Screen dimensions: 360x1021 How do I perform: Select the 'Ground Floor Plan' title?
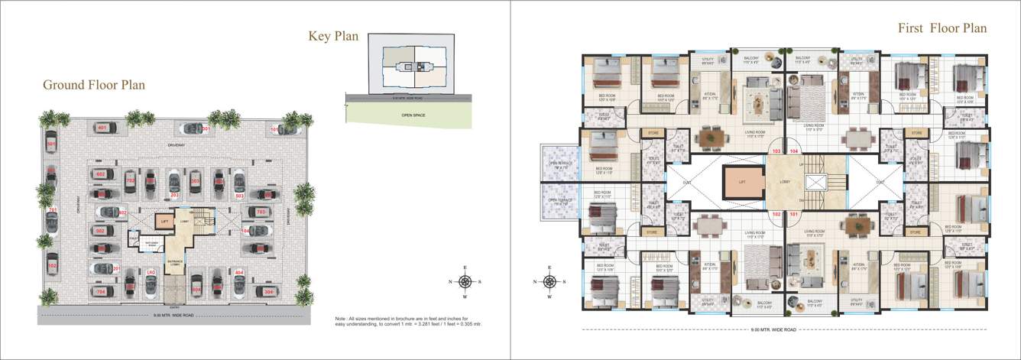[93, 85]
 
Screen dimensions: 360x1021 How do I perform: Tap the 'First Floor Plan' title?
[942, 29]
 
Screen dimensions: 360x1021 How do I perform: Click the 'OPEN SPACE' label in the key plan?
[413, 115]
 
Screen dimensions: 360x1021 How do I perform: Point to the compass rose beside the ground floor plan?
[465, 281]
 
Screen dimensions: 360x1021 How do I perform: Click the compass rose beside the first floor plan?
[549, 281]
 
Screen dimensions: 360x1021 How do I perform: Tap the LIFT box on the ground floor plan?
[163, 222]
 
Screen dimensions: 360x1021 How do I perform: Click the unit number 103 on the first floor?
[776, 152]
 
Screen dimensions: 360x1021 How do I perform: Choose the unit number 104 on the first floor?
[793, 152]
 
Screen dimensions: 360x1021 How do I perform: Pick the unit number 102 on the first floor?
[776, 215]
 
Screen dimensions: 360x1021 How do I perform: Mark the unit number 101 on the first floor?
[792, 215]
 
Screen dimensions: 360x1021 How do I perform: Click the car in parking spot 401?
[102, 128]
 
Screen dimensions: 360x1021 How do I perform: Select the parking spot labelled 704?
[101, 291]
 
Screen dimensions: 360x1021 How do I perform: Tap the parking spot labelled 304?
[268, 291]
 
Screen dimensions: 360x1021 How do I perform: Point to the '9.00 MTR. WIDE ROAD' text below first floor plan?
[773, 330]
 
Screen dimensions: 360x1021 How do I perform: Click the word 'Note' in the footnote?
[341, 318]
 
